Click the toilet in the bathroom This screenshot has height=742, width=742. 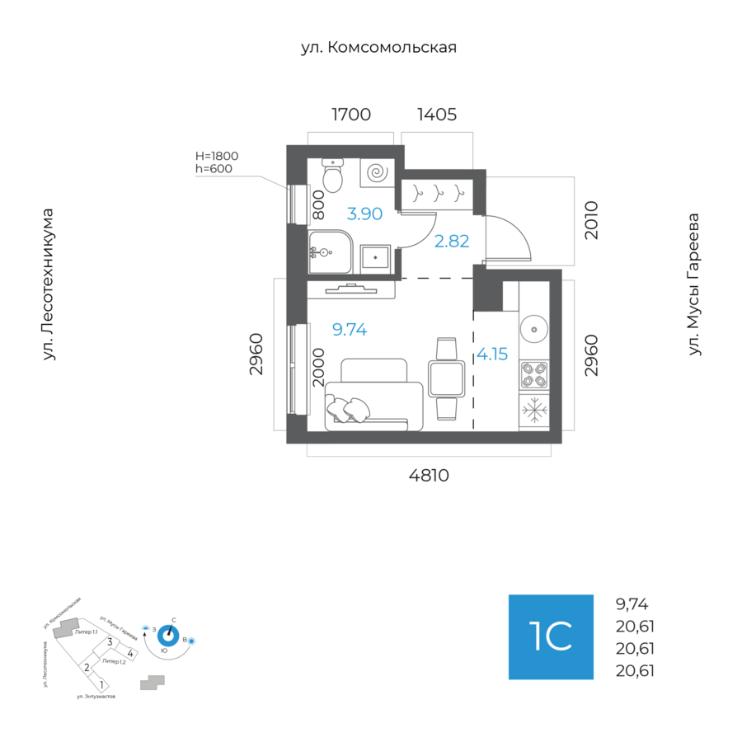(332, 175)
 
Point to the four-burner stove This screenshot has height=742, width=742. (534, 375)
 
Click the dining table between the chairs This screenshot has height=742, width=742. (446, 379)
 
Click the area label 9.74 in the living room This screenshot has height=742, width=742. (349, 330)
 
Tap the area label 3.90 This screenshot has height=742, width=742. (364, 214)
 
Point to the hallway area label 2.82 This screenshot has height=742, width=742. (451, 241)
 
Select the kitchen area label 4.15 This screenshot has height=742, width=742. (492, 355)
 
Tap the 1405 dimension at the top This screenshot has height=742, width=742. (437, 115)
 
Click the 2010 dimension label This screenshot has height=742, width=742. (590, 219)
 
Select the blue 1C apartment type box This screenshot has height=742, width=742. (551, 636)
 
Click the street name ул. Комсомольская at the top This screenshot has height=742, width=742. (378, 48)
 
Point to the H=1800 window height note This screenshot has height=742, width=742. (216, 156)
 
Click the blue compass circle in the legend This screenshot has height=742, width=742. (169, 635)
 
